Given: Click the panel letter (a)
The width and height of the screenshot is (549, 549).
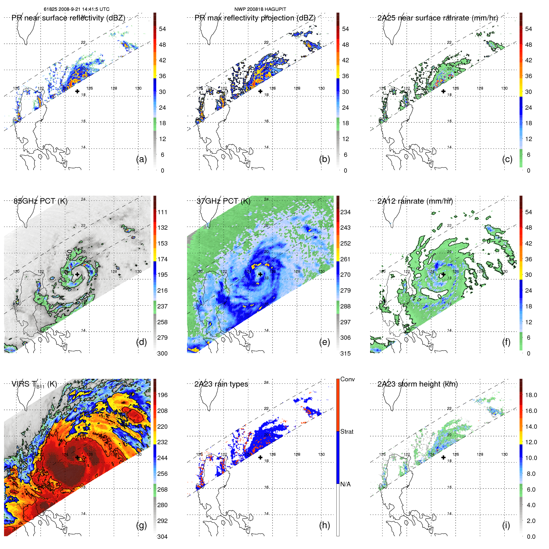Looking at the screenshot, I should [x=142, y=159].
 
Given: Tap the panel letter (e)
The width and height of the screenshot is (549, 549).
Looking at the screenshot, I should [x=325, y=342].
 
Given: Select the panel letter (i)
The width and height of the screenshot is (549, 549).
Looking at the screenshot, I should [x=506, y=525].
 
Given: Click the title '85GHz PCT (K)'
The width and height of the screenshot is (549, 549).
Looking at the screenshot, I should [x=40, y=201].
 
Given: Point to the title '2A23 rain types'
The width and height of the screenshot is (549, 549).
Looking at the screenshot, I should [x=221, y=384].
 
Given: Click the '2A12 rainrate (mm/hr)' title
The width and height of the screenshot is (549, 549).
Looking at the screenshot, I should [x=415, y=201].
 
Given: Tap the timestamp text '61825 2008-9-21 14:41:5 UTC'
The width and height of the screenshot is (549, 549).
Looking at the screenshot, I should [x=76, y=9].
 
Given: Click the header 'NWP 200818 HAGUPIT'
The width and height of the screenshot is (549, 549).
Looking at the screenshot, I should [x=260, y=9].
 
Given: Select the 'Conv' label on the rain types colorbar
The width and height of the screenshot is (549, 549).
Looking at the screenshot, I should [x=348, y=379].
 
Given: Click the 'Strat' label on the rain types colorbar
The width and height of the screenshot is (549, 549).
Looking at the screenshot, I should [x=347, y=432].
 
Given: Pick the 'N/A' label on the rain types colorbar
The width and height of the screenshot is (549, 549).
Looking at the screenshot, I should [x=345, y=484].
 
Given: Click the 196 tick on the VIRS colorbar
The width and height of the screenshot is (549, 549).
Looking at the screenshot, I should [x=162, y=395].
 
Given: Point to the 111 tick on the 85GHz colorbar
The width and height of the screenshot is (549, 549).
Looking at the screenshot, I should [x=162, y=212].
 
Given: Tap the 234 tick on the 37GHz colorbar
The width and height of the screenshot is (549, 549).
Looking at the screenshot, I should [x=345, y=212].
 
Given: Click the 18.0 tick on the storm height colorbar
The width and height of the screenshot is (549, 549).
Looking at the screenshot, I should [x=531, y=395].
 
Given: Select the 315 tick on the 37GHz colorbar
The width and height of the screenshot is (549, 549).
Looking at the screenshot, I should [x=345, y=353].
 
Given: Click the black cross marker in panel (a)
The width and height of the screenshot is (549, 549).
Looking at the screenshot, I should [x=77, y=91].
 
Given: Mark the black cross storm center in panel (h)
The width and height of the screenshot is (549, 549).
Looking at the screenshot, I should [x=260, y=457].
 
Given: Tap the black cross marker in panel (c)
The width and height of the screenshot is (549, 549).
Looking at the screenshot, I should [x=443, y=91].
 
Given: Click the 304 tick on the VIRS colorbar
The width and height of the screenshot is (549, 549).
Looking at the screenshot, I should [x=162, y=537].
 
